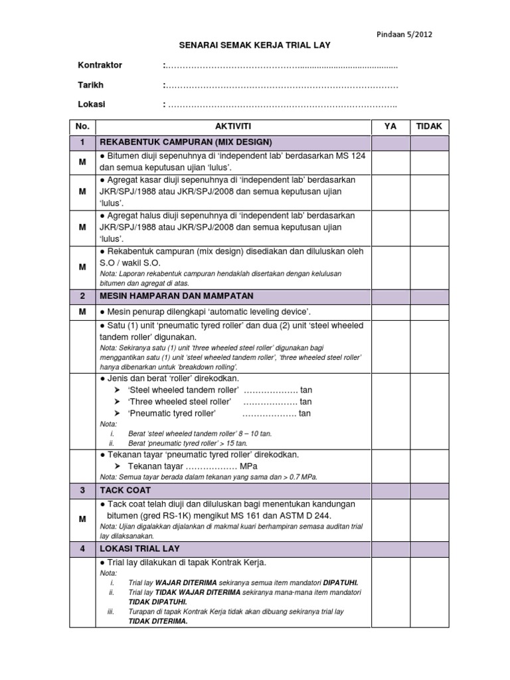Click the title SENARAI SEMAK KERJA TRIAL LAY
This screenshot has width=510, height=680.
tap(254, 45)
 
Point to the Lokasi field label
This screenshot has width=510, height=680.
tap(92, 104)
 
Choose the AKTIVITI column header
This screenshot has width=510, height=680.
tap(233, 126)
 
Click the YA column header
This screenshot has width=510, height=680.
tap(390, 126)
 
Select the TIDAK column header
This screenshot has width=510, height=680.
tap(429, 126)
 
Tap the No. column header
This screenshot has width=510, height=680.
tap(82, 126)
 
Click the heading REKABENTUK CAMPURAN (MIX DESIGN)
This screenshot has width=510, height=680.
tap(186, 142)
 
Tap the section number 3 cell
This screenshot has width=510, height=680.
tap(82, 489)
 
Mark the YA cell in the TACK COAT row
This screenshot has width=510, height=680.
tap(390, 489)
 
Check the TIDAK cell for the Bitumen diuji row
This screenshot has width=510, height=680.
tap(429, 161)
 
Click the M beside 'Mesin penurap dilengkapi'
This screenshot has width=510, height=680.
tap(82, 311)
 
